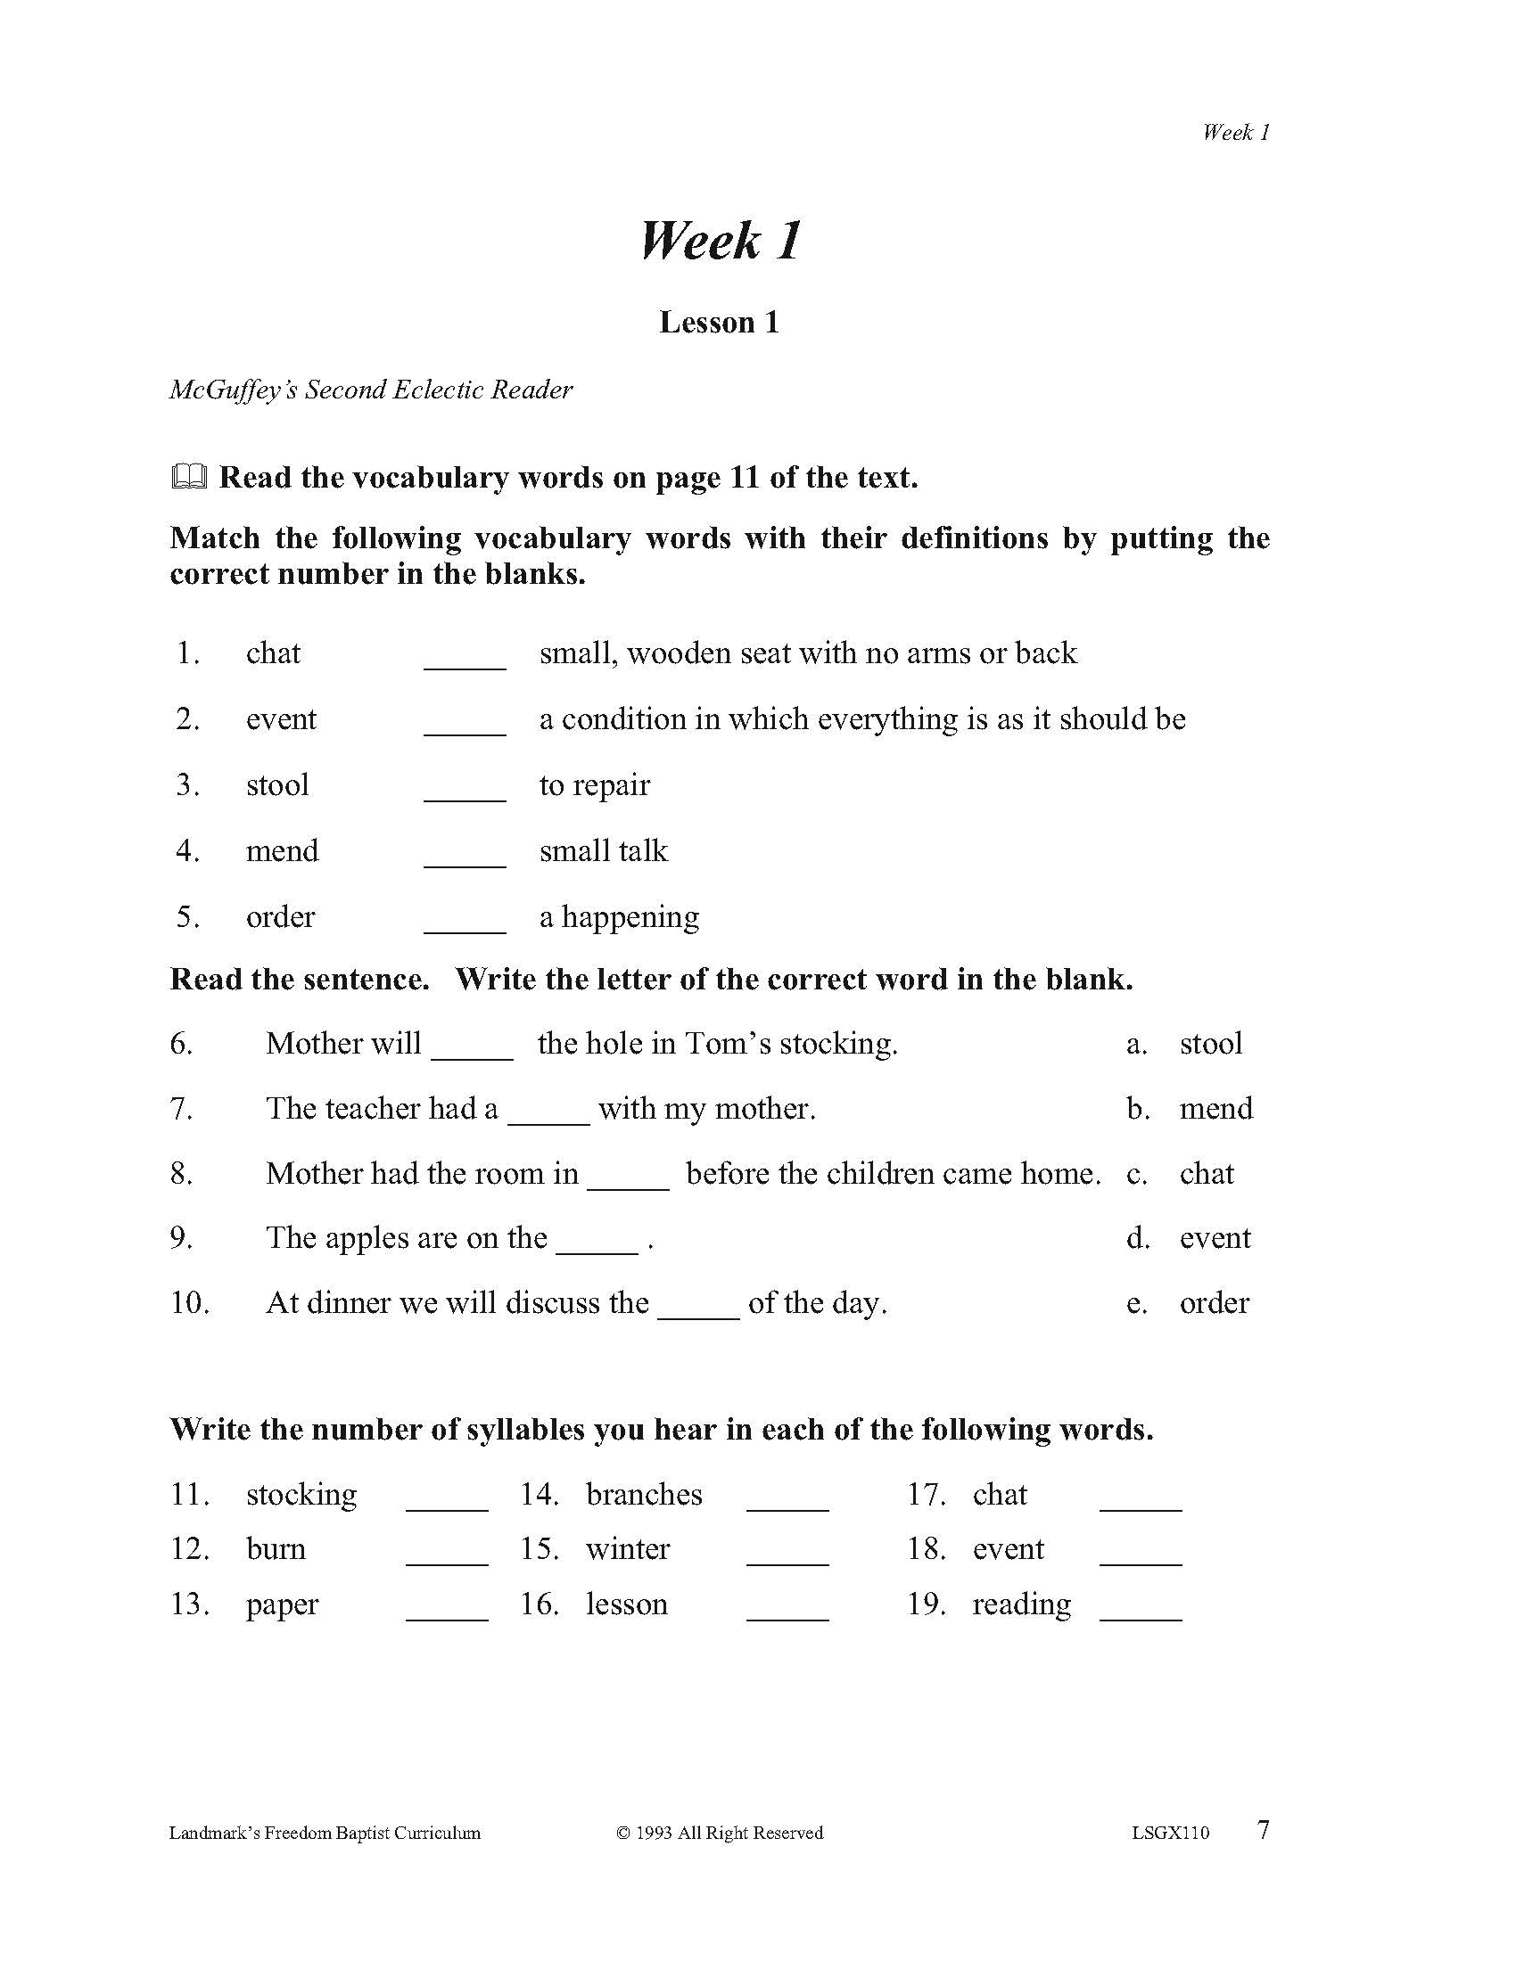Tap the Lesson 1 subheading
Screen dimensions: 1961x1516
coord(719,323)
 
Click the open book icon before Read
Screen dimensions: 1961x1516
coord(188,478)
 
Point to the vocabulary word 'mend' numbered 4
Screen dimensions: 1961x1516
coord(282,850)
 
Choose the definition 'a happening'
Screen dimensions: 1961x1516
coord(619,916)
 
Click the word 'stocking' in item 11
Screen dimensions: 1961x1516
coord(301,1494)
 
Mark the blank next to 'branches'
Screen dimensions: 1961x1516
coord(787,1503)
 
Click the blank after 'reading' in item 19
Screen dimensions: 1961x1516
coord(1140,1612)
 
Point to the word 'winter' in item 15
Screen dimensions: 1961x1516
coord(627,1549)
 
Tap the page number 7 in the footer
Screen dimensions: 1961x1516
coord(1263,1830)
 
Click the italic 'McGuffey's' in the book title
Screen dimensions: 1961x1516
coord(233,390)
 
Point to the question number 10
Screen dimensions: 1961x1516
coord(189,1303)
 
